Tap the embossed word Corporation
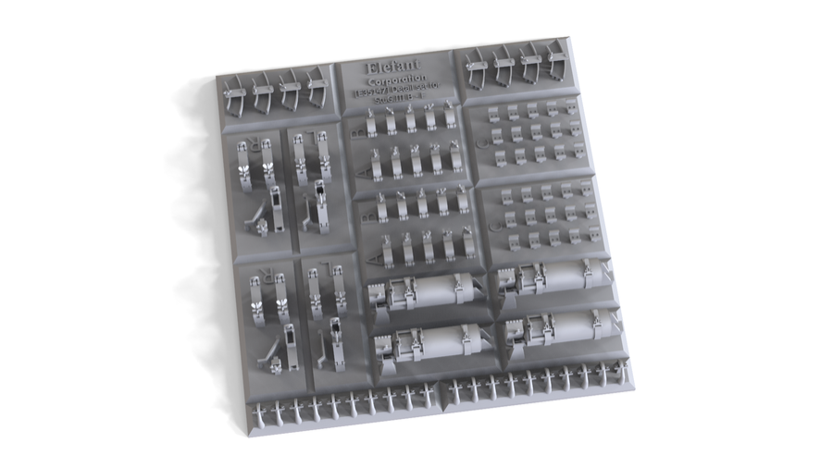coord(394,80)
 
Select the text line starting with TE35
coord(396,92)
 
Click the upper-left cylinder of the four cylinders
coord(426,294)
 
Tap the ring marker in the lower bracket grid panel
coord(493,222)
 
